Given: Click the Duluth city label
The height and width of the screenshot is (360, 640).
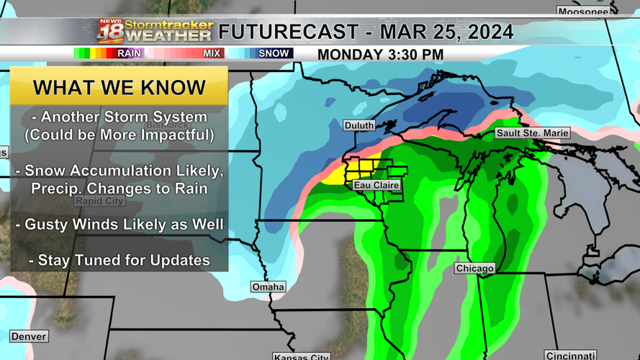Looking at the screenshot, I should [x=359, y=125].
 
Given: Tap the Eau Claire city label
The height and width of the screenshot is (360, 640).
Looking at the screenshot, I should [x=377, y=185].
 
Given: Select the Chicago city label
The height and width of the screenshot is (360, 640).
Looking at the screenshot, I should [x=474, y=268].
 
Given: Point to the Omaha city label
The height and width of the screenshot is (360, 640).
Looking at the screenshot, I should [x=268, y=287].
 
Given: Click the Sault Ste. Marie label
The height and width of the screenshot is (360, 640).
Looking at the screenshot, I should [x=533, y=133].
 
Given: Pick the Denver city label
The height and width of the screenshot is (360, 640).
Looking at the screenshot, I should [x=29, y=336].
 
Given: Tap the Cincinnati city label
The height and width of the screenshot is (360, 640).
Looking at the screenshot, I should [x=570, y=356].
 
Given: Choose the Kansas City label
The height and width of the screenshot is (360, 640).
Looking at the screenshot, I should [x=302, y=356].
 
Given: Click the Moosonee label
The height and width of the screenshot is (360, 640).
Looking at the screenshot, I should [x=583, y=12].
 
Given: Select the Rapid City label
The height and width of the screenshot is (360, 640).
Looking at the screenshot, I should [x=99, y=201].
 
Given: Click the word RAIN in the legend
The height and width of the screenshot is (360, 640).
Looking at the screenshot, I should [x=130, y=53].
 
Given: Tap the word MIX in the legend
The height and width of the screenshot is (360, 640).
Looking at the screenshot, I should [x=212, y=53].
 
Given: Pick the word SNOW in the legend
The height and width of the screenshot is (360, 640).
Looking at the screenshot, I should [x=274, y=53].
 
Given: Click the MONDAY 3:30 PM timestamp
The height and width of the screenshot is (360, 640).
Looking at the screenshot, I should [x=380, y=55].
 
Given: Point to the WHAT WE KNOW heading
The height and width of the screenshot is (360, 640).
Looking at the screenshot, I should [x=120, y=88].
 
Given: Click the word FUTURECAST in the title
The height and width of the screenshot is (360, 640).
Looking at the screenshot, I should [x=288, y=32].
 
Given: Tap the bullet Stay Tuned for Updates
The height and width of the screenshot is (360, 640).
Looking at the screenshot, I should [x=120, y=260].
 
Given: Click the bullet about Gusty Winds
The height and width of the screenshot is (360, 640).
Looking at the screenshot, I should [x=120, y=225].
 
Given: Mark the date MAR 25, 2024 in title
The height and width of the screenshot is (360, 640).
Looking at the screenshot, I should [x=446, y=32].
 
